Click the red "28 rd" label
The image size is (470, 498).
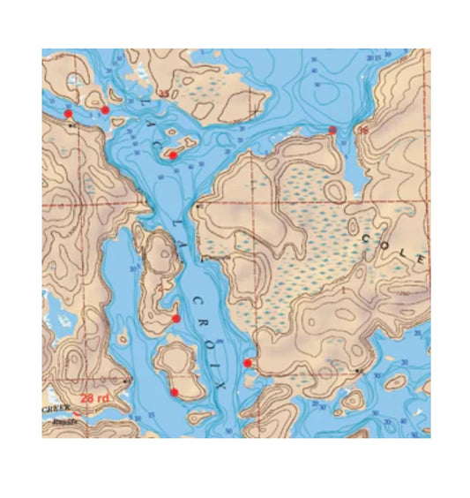click(x=94, y=398)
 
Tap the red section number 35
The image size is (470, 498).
click(x=163, y=94)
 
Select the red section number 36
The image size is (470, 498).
click(x=362, y=131)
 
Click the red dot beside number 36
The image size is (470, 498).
click(x=332, y=130)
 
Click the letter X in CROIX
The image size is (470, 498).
click(x=220, y=385)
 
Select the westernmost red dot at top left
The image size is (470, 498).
click(x=68, y=113)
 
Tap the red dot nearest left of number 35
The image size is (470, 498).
click(x=105, y=109)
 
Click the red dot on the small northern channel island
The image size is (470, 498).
click(x=173, y=155)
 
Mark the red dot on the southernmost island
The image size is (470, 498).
click(x=175, y=391)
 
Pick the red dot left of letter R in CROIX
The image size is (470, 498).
click(x=176, y=318)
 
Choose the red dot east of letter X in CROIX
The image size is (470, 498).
click(x=247, y=362)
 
